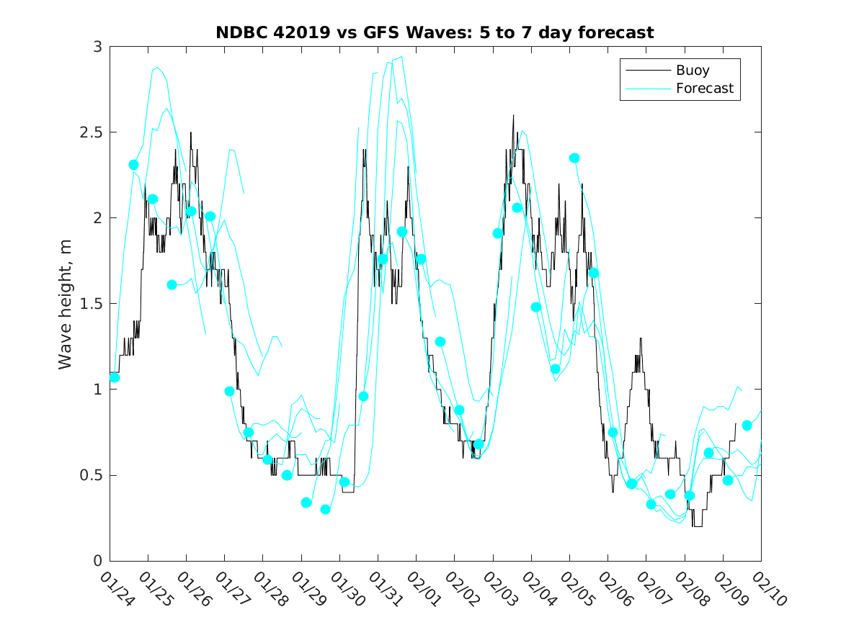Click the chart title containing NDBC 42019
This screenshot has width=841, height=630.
tap(435, 32)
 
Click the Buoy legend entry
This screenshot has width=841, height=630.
tap(692, 71)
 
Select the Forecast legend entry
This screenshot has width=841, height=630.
tap(704, 89)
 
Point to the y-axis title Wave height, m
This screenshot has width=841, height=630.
tap(66, 304)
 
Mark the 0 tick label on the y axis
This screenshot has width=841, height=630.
tap(97, 561)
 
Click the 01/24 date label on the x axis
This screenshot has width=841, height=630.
tap(115, 588)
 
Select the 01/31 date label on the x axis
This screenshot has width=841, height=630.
tap(383, 588)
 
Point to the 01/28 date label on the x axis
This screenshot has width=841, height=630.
tap(268, 588)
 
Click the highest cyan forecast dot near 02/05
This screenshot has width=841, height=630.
tap(574, 158)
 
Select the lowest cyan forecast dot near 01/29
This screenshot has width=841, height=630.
tap(325, 510)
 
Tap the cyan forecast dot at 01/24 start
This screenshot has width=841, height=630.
tap(114, 377)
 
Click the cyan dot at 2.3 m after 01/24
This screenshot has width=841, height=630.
tap(133, 165)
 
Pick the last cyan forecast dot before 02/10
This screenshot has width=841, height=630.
tap(747, 426)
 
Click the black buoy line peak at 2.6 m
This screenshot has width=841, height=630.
tap(513, 115)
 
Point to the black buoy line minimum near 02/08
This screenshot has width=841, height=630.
tap(697, 526)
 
